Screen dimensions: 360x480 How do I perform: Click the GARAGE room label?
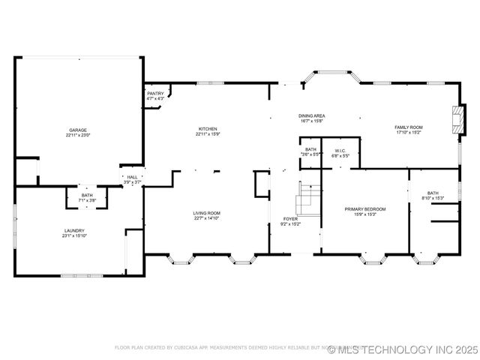click(78, 130)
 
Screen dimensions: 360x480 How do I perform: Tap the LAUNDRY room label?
click(73, 230)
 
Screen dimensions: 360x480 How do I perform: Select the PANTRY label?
click(155, 93)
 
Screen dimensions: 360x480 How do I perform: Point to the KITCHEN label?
click(208, 129)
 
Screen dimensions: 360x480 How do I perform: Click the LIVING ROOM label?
click(208, 213)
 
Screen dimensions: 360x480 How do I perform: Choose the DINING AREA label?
click(311, 115)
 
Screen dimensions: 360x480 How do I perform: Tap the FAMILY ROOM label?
click(409, 127)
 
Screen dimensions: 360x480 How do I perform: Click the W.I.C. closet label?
click(340, 150)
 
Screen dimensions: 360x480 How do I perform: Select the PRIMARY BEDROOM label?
click(364, 208)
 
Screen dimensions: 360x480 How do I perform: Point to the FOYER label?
click(290, 219)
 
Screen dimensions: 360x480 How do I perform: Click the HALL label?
click(132, 177)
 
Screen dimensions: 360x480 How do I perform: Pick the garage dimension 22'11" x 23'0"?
click(78, 135)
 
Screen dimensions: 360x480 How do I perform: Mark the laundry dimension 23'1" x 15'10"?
click(73, 235)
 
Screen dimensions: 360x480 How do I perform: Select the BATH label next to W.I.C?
click(310, 150)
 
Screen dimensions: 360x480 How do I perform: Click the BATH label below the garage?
click(87, 195)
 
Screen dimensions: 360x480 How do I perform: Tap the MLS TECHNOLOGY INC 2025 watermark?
click(408, 349)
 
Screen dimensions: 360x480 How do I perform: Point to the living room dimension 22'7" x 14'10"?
click(208, 218)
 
